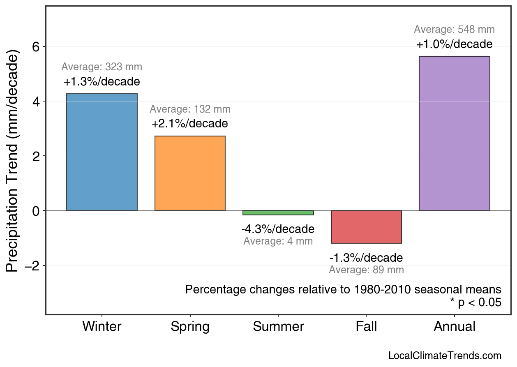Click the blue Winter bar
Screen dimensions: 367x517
tap(102, 152)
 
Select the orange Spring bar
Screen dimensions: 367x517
tap(190, 173)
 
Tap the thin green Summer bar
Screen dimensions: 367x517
tap(278, 212)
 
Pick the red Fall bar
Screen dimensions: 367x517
tap(366, 227)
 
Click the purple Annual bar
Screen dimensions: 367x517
tap(454, 134)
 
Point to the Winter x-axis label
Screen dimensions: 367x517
tap(102, 327)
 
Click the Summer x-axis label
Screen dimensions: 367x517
tap(278, 327)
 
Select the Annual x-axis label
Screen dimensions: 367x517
tap(454, 327)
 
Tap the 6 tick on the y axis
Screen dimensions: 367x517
tap(37, 47)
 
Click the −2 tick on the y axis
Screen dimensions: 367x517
tap(34, 266)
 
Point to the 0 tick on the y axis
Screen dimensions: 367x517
tap(37, 211)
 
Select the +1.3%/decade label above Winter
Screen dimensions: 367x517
tap(102, 82)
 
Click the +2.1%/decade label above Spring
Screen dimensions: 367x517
tap(189, 124)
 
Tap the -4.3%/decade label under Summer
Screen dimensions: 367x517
tap(278, 229)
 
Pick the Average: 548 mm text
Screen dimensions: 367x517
tap(454, 30)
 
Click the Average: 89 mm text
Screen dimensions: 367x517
tap(366, 270)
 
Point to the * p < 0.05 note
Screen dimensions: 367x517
tap(475, 303)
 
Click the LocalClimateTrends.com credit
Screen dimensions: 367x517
tap(445, 356)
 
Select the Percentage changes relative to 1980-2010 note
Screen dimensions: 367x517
tap(343, 289)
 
